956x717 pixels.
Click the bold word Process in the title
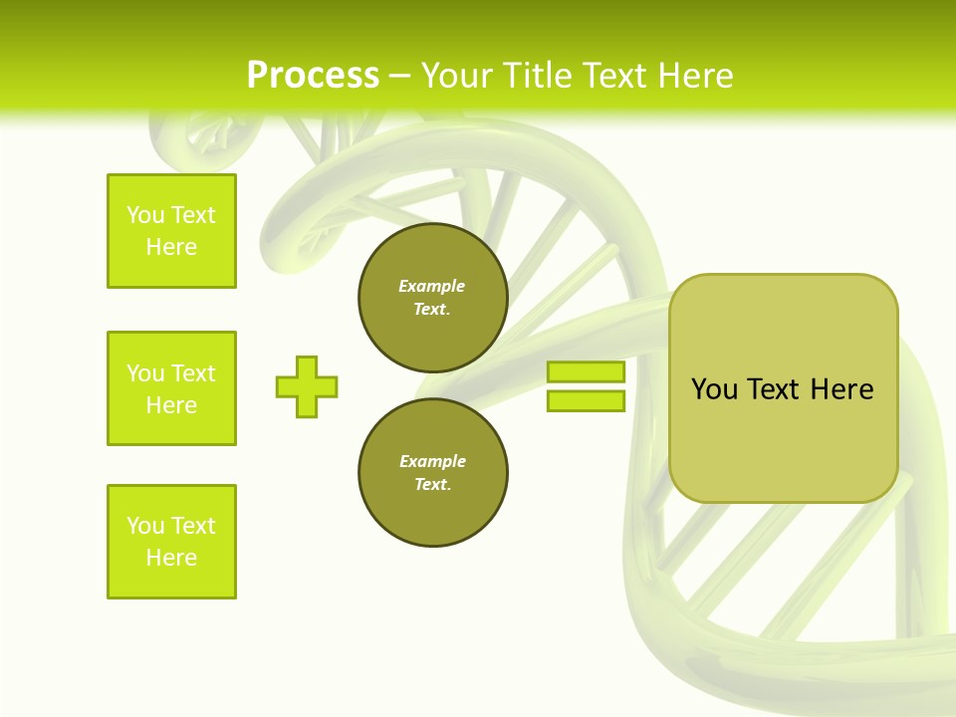[313, 76]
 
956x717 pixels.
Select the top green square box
[171, 231]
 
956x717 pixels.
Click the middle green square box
[171, 388]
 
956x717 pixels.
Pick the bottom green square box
[171, 542]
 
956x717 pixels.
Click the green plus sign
[307, 386]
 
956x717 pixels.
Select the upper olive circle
[433, 298]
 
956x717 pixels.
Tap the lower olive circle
[433, 473]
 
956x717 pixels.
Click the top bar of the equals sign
[586, 371]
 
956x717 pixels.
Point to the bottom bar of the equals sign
[586, 400]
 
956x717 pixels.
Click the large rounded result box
[783, 388]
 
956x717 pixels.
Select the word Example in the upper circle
[432, 286]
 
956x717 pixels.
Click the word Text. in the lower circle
[432, 485]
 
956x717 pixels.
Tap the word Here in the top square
[171, 247]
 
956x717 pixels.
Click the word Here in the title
[692, 76]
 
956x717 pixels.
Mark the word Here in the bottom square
[171, 558]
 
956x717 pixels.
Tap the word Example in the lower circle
[432, 461]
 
